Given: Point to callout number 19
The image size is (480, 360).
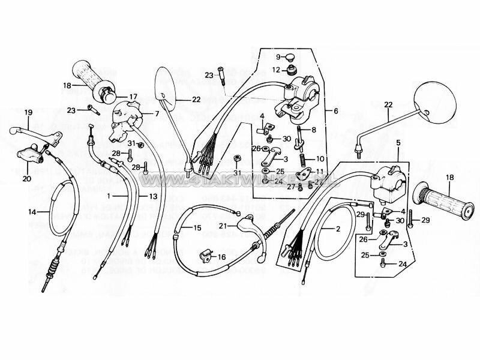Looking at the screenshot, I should tap(28, 112).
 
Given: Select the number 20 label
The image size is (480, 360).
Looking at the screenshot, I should tap(27, 178).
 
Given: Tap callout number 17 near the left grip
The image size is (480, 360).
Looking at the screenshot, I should tap(133, 96).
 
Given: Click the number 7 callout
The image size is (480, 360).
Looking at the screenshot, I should tap(156, 113).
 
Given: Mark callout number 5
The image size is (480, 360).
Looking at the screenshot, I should tap(398, 143).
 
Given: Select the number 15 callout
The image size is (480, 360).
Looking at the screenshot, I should tap(197, 228).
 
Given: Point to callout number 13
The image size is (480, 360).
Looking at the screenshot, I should tap(153, 196).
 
